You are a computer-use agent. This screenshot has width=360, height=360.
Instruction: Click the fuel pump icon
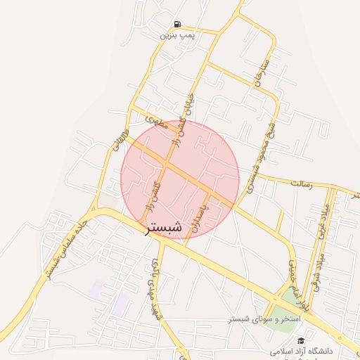pyautogui.click(x=176, y=24)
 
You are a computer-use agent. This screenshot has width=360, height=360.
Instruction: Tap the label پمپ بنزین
pyautogui.click(x=176, y=34)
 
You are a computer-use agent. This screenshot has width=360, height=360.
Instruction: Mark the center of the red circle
pyautogui.click(x=180, y=179)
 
